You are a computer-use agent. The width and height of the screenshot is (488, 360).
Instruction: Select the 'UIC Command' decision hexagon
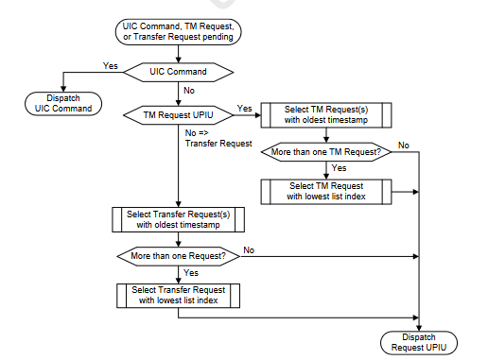coord(178,71)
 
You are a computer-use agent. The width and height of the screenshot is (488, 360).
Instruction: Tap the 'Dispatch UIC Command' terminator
coord(62,103)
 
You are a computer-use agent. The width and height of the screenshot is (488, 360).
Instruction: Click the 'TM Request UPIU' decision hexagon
coord(178,114)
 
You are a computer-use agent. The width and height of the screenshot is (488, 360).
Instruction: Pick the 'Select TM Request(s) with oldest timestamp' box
coord(326,114)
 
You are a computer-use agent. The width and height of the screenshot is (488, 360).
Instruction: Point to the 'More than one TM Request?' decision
coord(326,151)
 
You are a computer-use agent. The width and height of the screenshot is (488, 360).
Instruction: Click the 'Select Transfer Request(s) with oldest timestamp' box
coord(178,219)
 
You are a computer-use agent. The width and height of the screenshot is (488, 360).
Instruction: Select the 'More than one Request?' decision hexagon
coord(178,255)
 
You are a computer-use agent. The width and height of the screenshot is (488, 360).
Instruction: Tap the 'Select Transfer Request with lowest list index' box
coord(178,294)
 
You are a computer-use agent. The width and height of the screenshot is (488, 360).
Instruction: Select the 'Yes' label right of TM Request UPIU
coord(244,108)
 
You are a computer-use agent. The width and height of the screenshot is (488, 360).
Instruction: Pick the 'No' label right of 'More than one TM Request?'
coord(404,145)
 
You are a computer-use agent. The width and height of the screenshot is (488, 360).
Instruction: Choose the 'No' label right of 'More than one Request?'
coord(250,249)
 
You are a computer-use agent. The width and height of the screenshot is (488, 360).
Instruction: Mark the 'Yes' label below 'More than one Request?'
coord(190,272)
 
